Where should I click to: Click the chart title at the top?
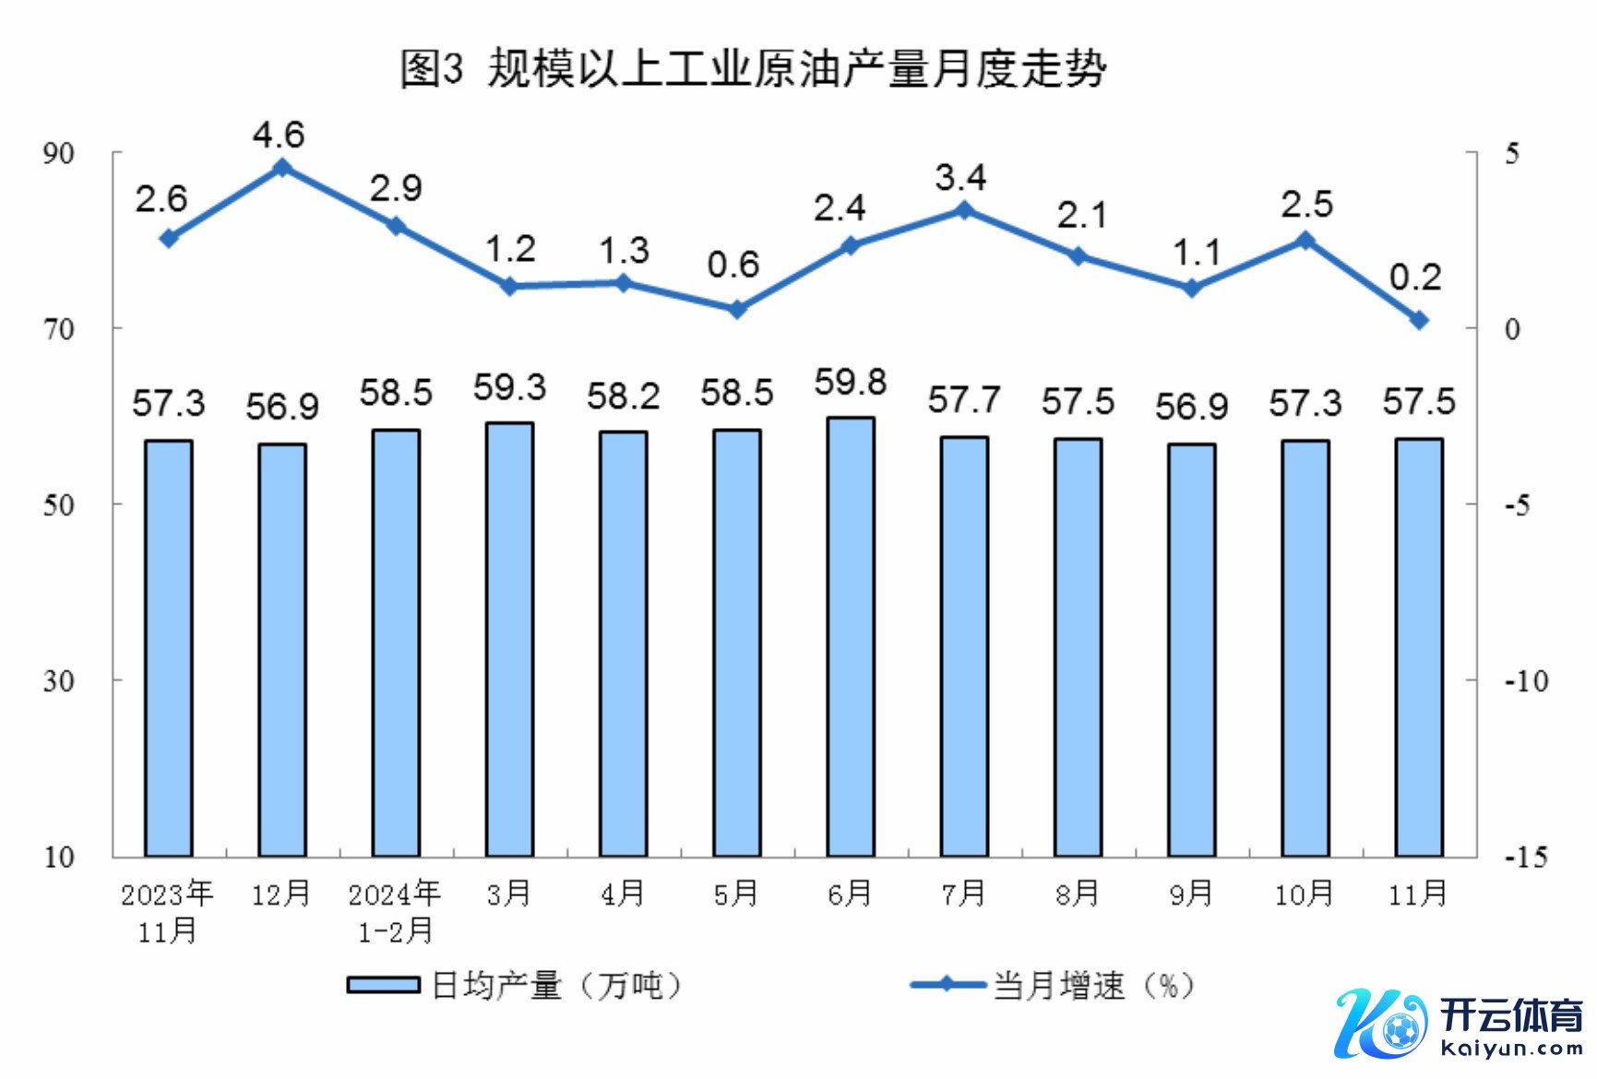pyautogui.click(x=752, y=68)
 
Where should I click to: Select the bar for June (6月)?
pyautogui.click(x=851, y=636)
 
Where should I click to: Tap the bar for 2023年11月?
pyautogui.click(x=169, y=647)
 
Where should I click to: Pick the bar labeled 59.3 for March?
pyautogui.click(x=509, y=639)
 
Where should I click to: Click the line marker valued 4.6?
pyautogui.click(x=282, y=168)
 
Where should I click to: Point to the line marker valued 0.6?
pyautogui.click(x=736, y=309)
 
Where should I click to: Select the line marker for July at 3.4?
pyautogui.click(x=964, y=210)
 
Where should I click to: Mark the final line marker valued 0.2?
pyautogui.click(x=1419, y=320)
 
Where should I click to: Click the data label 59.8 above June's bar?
pyautogui.click(x=850, y=382)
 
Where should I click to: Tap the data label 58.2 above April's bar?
pyautogui.click(x=623, y=397)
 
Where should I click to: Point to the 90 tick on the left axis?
pyautogui.click(x=59, y=153)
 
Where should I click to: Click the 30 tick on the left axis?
pyautogui.click(x=59, y=681)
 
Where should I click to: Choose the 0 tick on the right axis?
pyautogui.click(x=1512, y=329)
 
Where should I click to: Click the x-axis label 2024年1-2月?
pyautogui.click(x=395, y=911)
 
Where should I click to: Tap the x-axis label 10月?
pyautogui.click(x=1305, y=893)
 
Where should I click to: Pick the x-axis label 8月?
pyautogui.click(x=1078, y=893)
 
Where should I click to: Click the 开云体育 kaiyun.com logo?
pyautogui.click(x=1458, y=1024)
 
